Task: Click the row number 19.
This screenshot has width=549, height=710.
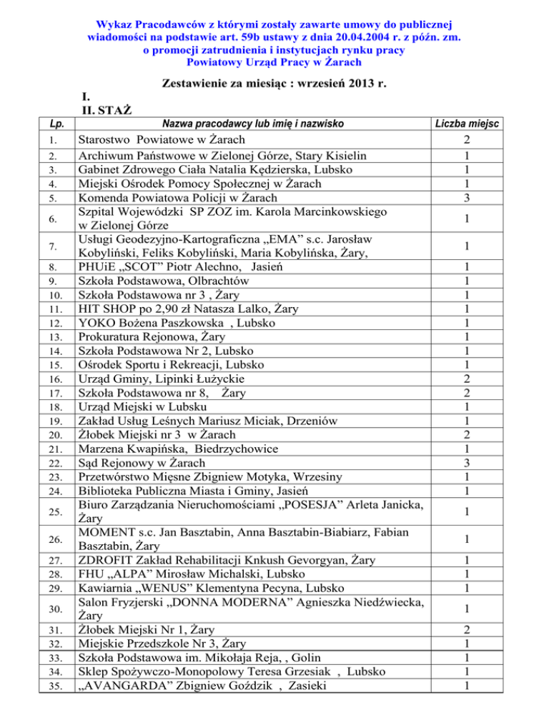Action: click(x=30, y=421)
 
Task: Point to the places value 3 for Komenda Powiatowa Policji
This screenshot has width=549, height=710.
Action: click(x=486, y=197)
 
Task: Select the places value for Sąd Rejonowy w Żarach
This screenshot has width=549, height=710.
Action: click(x=486, y=463)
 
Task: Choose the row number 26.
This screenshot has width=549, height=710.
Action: click(x=30, y=539)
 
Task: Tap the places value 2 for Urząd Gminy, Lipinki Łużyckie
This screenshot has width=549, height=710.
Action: click(x=486, y=379)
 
